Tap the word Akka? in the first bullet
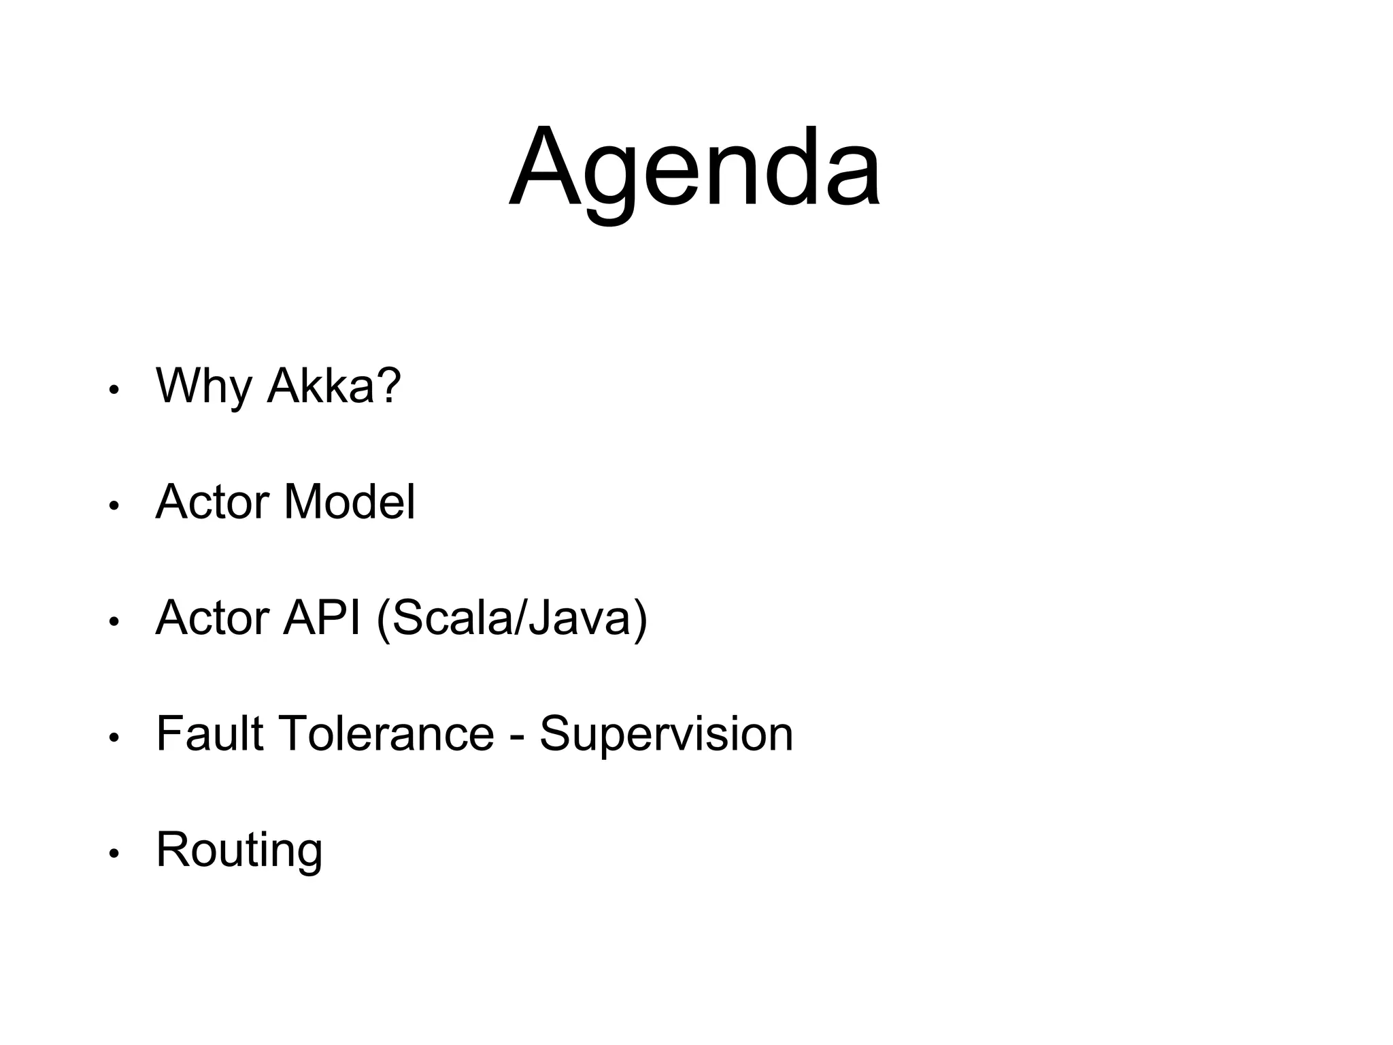333,386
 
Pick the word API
322,618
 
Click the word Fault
209,733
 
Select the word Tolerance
386,733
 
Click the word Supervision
666,733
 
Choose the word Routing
239,850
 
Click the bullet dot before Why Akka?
114,391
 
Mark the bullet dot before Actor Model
114,506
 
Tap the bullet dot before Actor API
114,622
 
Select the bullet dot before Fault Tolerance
114,737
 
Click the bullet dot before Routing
114,854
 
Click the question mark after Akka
388,384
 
